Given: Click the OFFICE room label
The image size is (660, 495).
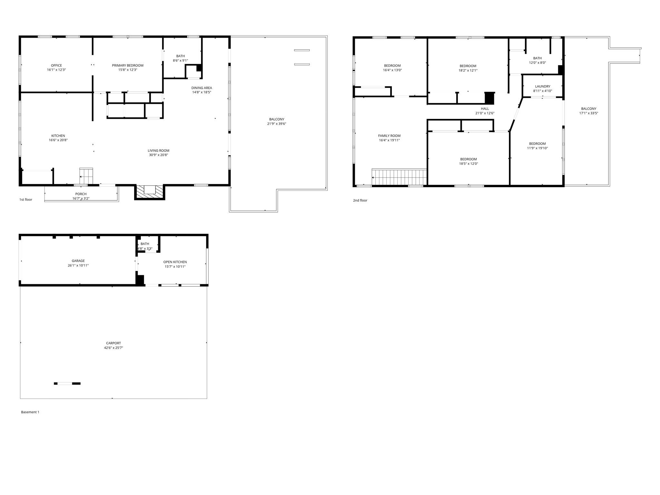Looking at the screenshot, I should point(56,65).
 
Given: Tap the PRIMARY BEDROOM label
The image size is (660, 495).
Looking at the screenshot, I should point(128,65).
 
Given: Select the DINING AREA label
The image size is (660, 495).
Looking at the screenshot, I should point(201,88).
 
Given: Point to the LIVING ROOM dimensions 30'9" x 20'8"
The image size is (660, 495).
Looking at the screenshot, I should point(158,155).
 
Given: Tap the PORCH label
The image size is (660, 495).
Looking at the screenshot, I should point(81,194).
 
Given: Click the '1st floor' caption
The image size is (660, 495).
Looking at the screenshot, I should point(26,199).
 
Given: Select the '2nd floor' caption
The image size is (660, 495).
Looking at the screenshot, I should point(360,200).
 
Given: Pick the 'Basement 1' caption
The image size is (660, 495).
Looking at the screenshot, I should point(30,412).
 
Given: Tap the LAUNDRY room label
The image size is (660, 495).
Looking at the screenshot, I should point(543,86).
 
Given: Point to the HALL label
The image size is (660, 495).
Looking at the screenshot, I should point(485,109).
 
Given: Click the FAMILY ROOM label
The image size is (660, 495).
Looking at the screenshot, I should point(389,136).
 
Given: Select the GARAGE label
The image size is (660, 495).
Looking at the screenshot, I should point(78,261).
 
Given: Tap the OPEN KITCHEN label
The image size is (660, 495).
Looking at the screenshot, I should point(175,262).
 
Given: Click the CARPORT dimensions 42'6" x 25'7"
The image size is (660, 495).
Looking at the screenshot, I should point(113,348).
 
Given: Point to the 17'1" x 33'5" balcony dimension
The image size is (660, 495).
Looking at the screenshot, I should point(588,113).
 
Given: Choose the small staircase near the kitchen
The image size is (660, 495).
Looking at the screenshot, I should point(86,176).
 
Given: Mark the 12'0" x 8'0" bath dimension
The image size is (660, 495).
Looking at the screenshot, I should point(537,63).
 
